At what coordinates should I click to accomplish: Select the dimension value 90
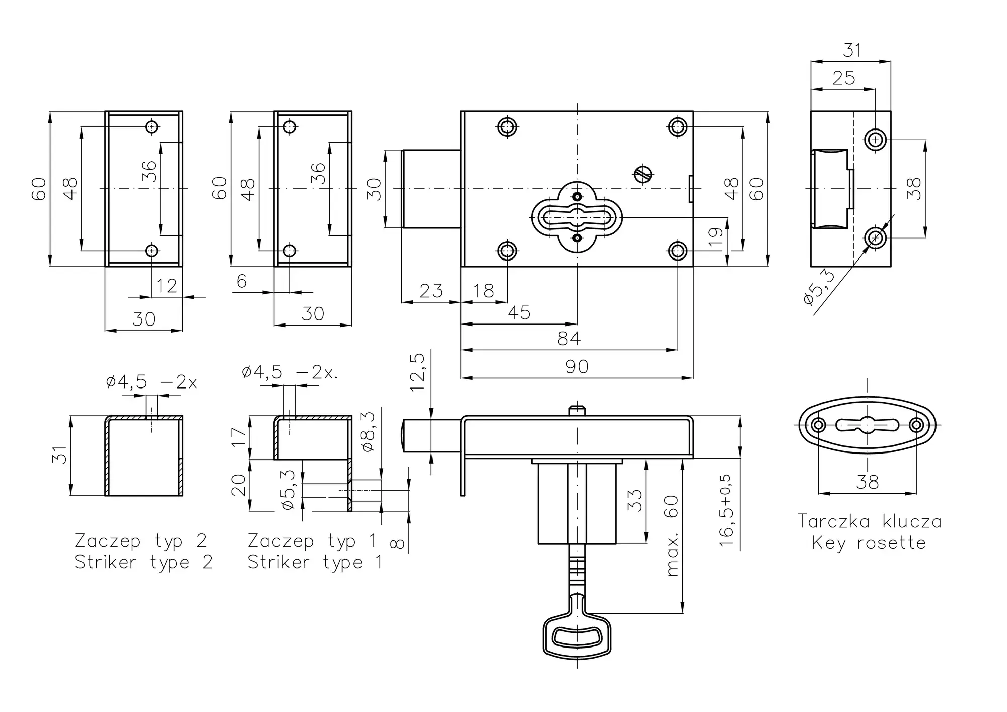pos(577,366)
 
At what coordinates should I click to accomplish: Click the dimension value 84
pos(569,338)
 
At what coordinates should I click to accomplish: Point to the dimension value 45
pos(519,312)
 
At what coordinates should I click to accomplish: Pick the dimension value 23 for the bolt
pos(431,291)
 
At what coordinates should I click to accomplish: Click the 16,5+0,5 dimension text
pos(726,510)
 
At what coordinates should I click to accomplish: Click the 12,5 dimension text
pos(418,372)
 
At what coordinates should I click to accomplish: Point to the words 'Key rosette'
pos(869,543)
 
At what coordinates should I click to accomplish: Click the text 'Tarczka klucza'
pos(869,521)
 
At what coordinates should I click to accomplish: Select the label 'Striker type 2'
pos(144,562)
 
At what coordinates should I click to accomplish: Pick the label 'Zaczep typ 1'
pos(312,541)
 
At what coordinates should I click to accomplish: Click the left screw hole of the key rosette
pos(819,425)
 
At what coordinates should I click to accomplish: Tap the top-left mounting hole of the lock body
pos(507,126)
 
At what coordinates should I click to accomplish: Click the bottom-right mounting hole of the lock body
pos(678,250)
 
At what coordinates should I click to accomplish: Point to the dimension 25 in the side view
pos(844,78)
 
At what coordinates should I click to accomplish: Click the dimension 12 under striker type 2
pos(167,286)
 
